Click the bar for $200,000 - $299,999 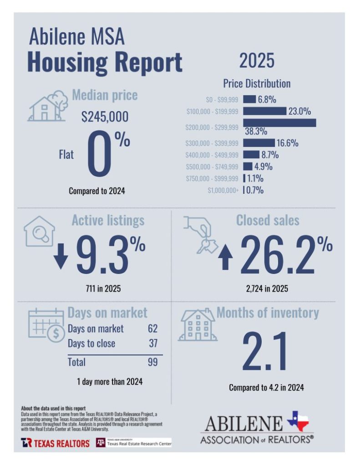coord(279,122)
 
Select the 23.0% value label coord(299,111)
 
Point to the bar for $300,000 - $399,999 coord(259,143)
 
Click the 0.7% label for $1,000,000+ coord(255,190)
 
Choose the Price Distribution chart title coord(257,84)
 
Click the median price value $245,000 coord(105,117)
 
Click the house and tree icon coord(46,106)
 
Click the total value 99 coord(152,362)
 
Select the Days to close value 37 coord(153,344)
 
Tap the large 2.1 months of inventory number coord(265,352)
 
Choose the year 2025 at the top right coord(257,60)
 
